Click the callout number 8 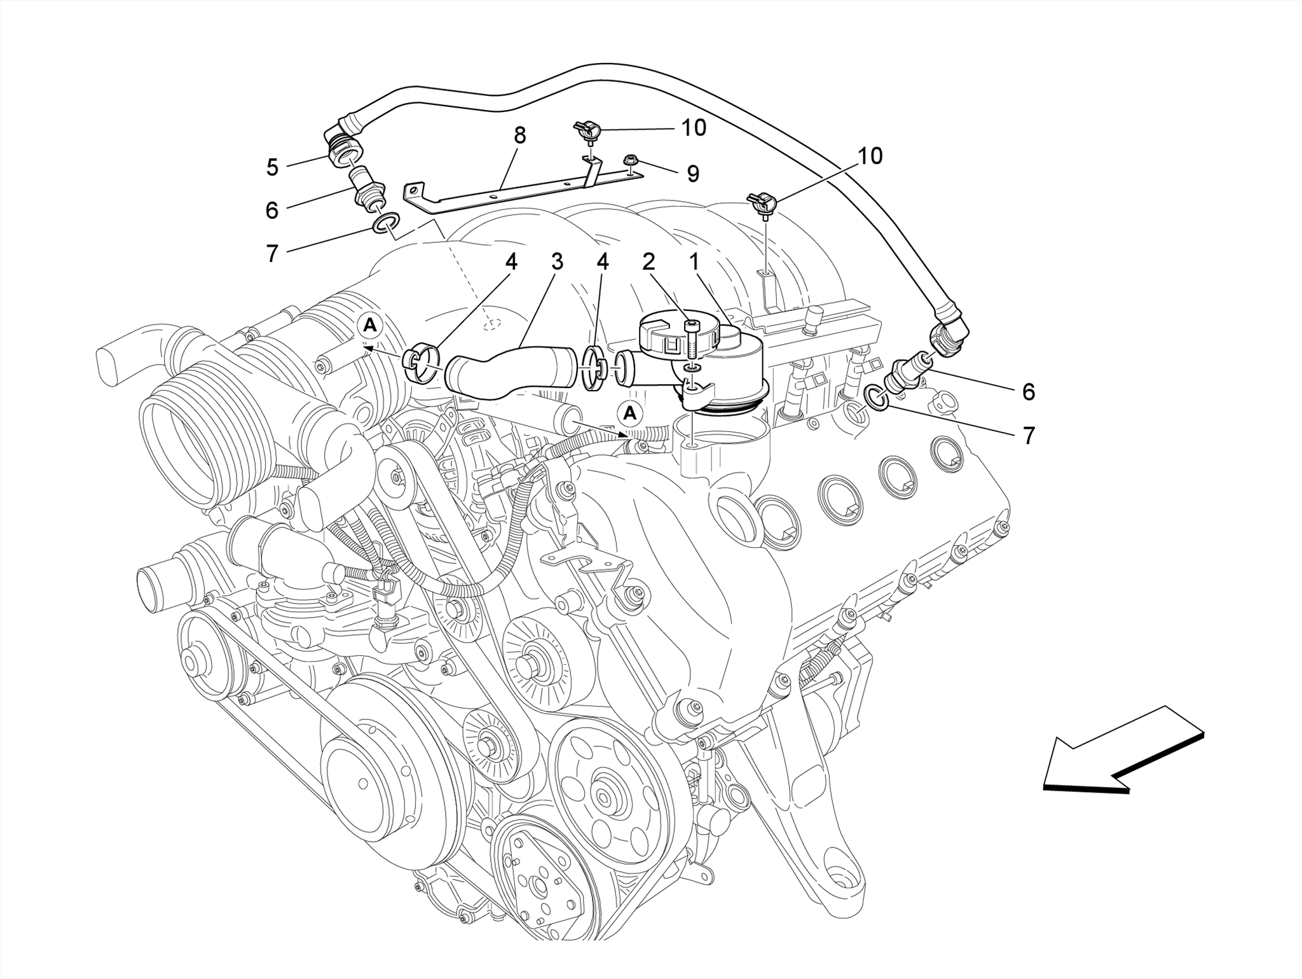point(520,135)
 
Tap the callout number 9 point(692,174)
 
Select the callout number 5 point(272,167)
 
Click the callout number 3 point(557,261)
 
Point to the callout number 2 point(648,261)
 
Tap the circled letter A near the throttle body point(370,326)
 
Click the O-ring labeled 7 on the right point(877,397)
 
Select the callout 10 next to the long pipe point(870,156)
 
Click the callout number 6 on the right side point(1028,392)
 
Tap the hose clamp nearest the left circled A point(420,363)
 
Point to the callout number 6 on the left point(272,211)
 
